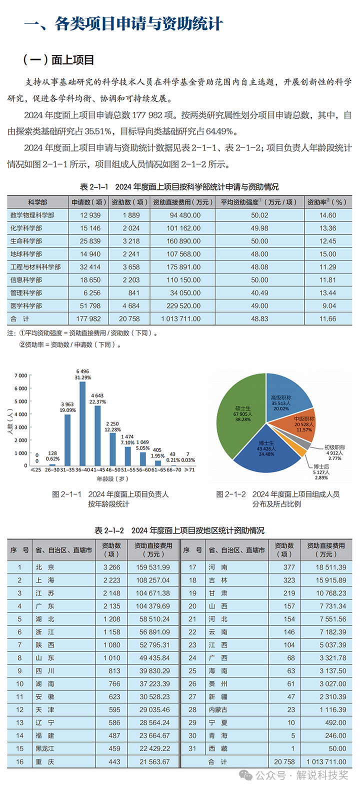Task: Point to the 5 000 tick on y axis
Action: pyautogui.click(x=21, y=401)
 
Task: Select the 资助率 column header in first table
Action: pyautogui.click(x=327, y=202)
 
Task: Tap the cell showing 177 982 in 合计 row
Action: pyautogui.click(x=88, y=318)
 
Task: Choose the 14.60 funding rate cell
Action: pyautogui.click(x=327, y=215)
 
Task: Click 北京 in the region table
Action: pyautogui.click(x=45, y=567)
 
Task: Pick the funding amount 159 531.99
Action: pyautogui.click(x=153, y=567)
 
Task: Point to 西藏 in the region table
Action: pyautogui.click(x=218, y=748)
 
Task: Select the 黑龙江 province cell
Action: pyautogui.click(x=45, y=748)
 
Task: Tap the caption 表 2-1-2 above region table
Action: pyautogui.click(x=179, y=530)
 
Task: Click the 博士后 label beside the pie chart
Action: pyautogui.click(x=321, y=466)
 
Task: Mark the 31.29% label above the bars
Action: pyautogui.click(x=82, y=377)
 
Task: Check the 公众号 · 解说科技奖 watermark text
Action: pyautogui.click(x=302, y=775)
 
